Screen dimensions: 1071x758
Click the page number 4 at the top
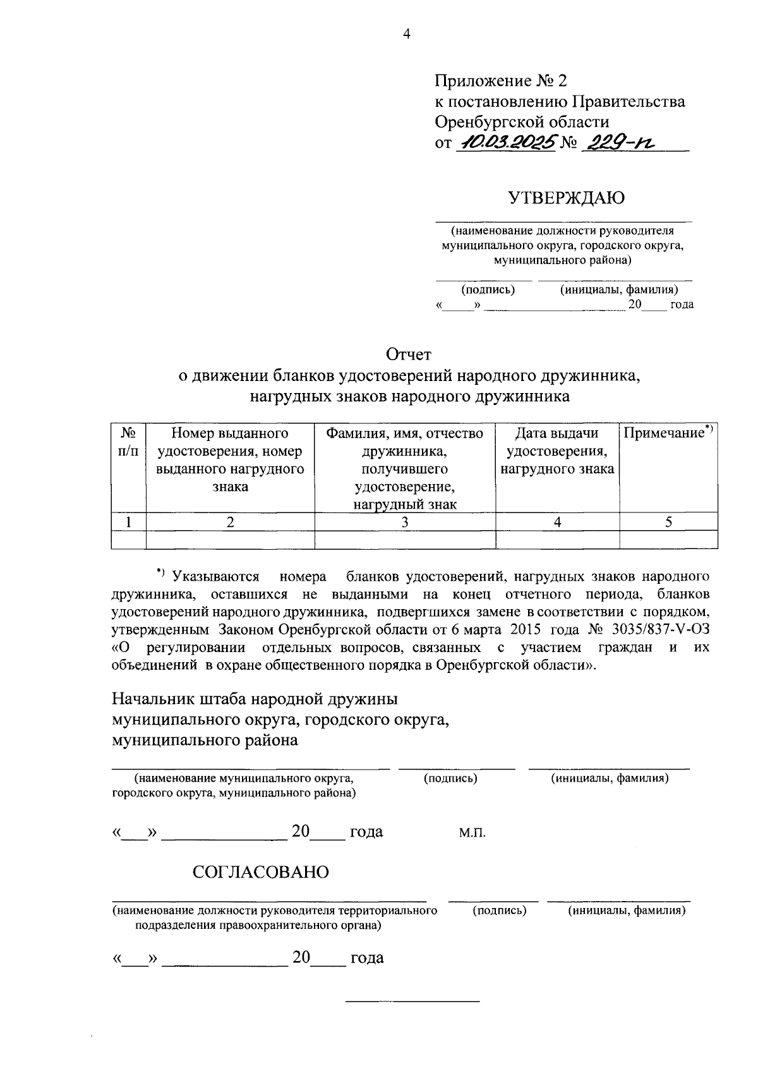coord(407,35)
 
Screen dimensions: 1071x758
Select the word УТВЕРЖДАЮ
coord(567,198)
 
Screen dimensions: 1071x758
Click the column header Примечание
coord(668,433)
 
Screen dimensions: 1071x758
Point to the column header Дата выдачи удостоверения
coord(557,451)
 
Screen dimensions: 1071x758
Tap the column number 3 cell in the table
coord(405,522)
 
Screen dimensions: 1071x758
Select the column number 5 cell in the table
coord(668,522)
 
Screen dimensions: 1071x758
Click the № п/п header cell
coord(129,442)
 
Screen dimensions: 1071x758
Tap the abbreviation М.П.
coord(472,833)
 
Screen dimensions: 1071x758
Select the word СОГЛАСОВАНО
coord(261,873)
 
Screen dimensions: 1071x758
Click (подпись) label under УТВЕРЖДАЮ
coord(488,290)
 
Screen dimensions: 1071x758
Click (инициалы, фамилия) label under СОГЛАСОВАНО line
coord(627,911)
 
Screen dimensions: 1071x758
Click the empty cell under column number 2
coord(230,539)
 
